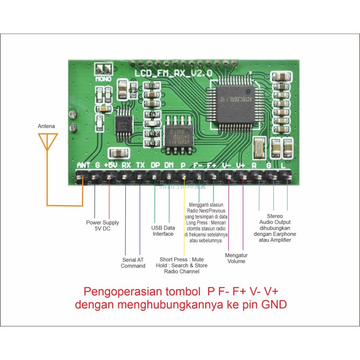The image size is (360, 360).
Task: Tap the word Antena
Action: point(46,126)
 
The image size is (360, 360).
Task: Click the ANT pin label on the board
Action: point(83,165)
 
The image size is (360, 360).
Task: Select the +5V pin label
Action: point(110,165)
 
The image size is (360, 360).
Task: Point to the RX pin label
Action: point(126,165)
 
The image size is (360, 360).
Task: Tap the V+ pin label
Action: point(240,165)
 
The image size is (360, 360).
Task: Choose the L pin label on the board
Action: point(284,165)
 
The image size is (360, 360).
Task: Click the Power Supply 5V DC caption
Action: point(102,226)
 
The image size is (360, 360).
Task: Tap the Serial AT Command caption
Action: point(133,263)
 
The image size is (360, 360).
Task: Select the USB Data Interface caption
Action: point(163,231)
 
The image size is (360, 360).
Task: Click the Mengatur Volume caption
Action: point(236,258)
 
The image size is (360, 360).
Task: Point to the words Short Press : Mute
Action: point(182,260)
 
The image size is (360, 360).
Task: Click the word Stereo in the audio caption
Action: point(275,216)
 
